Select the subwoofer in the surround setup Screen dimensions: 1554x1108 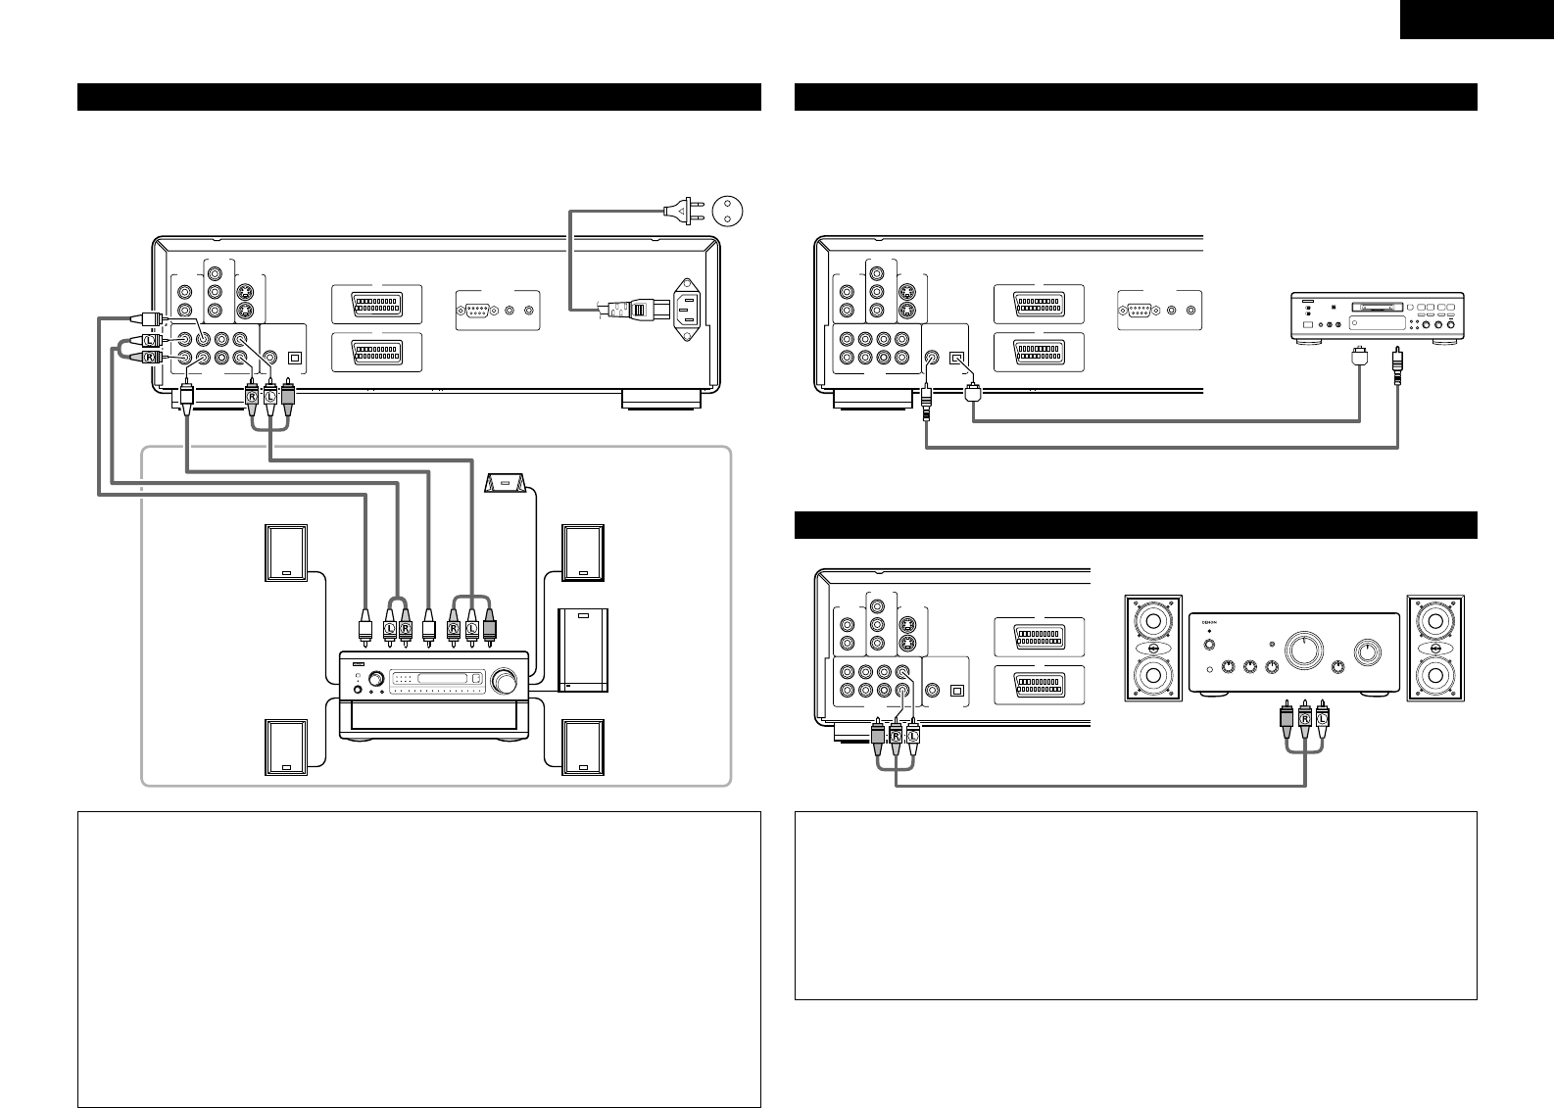pyautogui.click(x=583, y=650)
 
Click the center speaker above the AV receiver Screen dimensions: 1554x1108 pyautogui.click(x=507, y=483)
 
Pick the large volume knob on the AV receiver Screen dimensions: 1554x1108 pyautogui.click(x=508, y=680)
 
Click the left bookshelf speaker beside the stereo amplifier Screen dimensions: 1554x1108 pyautogui.click(x=1153, y=648)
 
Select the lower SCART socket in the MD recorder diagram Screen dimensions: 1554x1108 pyautogui.click(x=1039, y=352)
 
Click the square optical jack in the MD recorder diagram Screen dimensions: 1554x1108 pyautogui.click(x=959, y=360)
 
